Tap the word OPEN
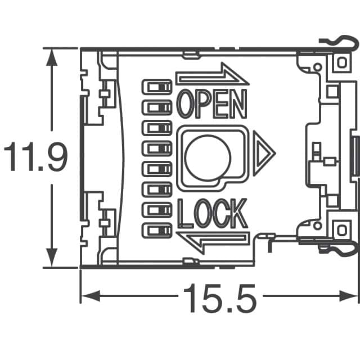(212, 103)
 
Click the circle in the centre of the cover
(208, 157)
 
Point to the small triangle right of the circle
(263, 152)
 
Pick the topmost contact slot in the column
(158, 87)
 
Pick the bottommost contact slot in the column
(158, 230)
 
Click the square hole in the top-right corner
(341, 62)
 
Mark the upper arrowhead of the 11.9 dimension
(52, 56)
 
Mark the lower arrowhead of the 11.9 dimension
(52, 260)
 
